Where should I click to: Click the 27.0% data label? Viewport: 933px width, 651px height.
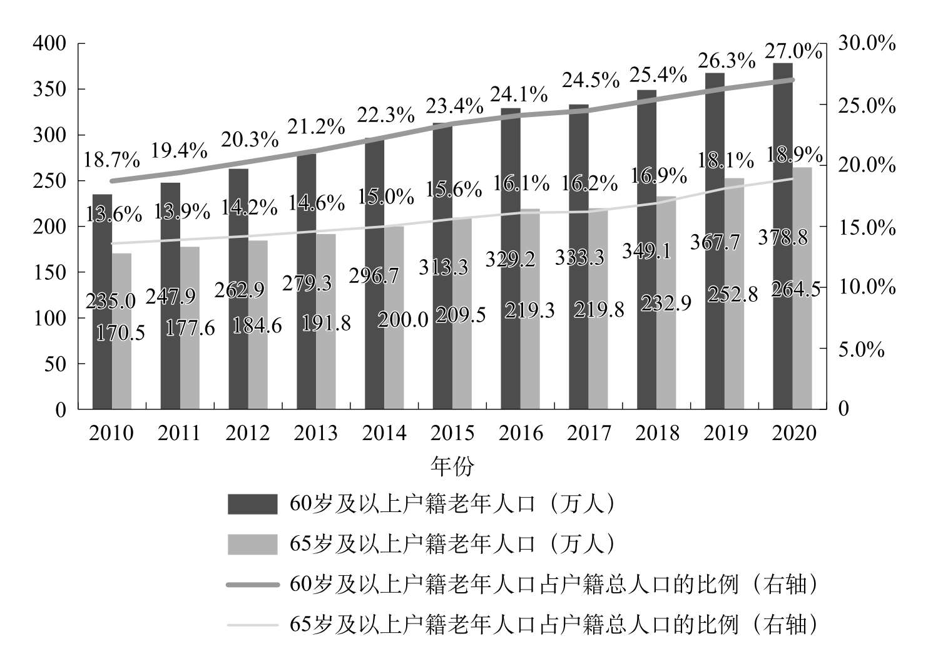click(x=793, y=51)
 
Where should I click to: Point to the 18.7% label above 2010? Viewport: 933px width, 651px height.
click(x=111, y=160)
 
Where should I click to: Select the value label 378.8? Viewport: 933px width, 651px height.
click(x=783, y=238)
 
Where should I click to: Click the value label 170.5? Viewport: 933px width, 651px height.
click(x=120, y=332)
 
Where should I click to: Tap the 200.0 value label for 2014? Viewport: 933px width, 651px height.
click(x=403, y=320)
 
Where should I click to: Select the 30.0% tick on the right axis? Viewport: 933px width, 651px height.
click(x=867, y=43)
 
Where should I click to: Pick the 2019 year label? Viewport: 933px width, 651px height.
click(x=725, y=433)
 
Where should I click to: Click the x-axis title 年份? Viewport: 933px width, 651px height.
click(x=452, y=466)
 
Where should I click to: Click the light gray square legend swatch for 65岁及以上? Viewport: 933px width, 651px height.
click(x=252, y=544)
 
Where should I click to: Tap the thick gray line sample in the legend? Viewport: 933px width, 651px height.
click(x=252, y=585)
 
